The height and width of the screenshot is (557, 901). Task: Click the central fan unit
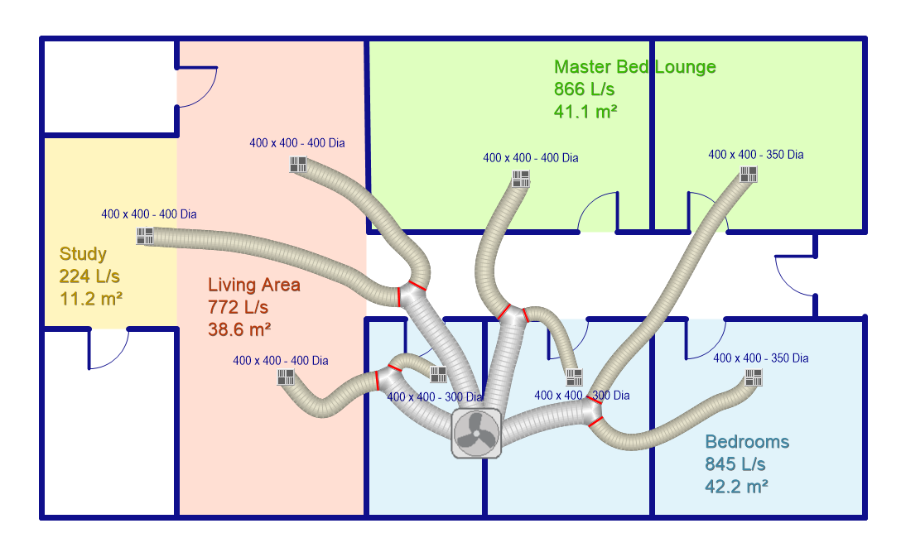click(x=476, y=434)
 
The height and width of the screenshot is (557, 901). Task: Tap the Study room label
click(x=83, y=254)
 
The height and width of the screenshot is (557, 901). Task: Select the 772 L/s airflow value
click(x=238, y=307)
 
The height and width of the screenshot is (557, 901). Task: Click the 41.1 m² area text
click(x=585, y=112)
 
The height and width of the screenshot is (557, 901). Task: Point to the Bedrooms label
click(x=747, y=442)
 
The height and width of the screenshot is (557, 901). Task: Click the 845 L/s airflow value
click(x=735, y=464)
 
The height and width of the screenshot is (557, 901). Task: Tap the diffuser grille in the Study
click(x=145, y=236)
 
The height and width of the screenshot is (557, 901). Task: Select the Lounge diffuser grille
click(x=748, y=174)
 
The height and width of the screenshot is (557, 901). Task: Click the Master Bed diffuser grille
click(x=521, y=179)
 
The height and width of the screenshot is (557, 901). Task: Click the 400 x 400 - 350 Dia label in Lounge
click(x=755, y=155)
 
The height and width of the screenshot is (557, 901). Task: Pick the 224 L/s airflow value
click(x=89, y=276)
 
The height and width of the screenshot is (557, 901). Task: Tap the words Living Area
click(x=254, y=285)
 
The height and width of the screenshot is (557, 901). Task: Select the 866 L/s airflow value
click(x=584, y=89)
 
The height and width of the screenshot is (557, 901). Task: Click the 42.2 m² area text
click(x=737, y=487)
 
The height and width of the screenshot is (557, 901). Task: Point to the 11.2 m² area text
click(x=91, y=299)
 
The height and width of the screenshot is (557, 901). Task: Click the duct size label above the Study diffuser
click(x=149, y=214)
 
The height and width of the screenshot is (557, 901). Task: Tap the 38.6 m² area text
click(x=239, y=329)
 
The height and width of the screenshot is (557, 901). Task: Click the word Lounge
click(x=686, y=66)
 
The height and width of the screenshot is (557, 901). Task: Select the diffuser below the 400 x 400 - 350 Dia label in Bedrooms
click(x=754, y=378)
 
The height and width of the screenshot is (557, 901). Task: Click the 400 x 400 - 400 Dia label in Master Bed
click(x=530, y=158)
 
